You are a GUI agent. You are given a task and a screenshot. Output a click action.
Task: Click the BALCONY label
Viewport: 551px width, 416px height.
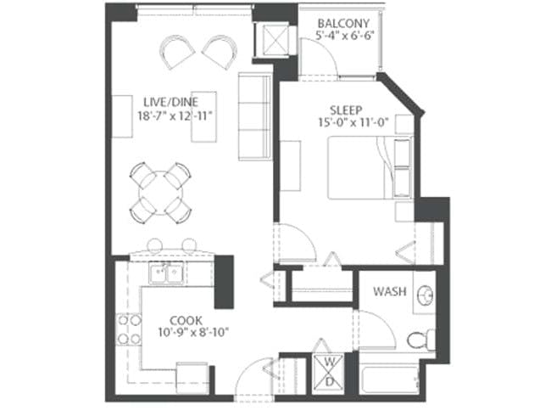(x=343, y=23)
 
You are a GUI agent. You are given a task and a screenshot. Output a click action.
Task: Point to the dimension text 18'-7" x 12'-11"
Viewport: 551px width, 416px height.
(x=174, y=116)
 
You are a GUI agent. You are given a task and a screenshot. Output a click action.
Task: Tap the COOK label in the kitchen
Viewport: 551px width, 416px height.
(x=185, y=320)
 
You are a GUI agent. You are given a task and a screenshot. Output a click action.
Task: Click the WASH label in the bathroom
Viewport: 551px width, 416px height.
(x=390, y=292)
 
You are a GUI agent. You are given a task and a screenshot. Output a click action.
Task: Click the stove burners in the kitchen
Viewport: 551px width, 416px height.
(x=129, y=329)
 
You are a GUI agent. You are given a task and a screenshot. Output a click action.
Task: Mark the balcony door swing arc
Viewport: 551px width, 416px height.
(x=318, y=58)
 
